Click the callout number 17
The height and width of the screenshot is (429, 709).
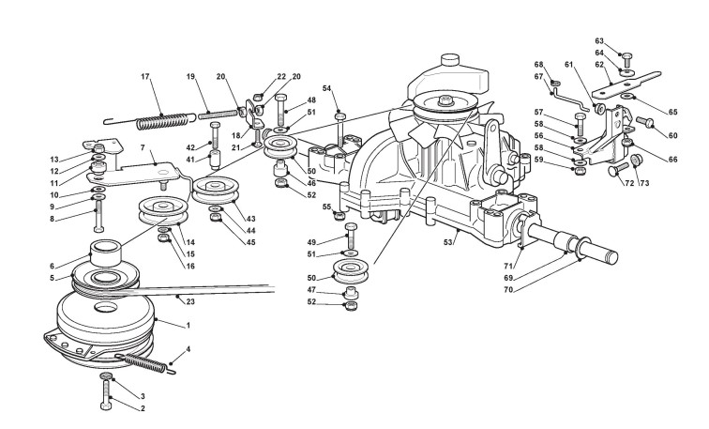144,76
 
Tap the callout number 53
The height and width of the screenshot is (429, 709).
447,242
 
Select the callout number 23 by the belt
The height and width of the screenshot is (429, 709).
190,301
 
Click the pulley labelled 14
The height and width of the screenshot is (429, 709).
163,210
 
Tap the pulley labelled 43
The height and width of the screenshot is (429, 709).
216,190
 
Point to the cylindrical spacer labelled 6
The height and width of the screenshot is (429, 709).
106,253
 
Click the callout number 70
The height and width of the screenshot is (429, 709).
508,290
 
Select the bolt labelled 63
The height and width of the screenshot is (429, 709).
626,60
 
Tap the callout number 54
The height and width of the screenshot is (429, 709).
327,87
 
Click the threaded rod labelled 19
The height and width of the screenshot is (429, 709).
218,114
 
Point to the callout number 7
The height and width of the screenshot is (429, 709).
143,147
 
